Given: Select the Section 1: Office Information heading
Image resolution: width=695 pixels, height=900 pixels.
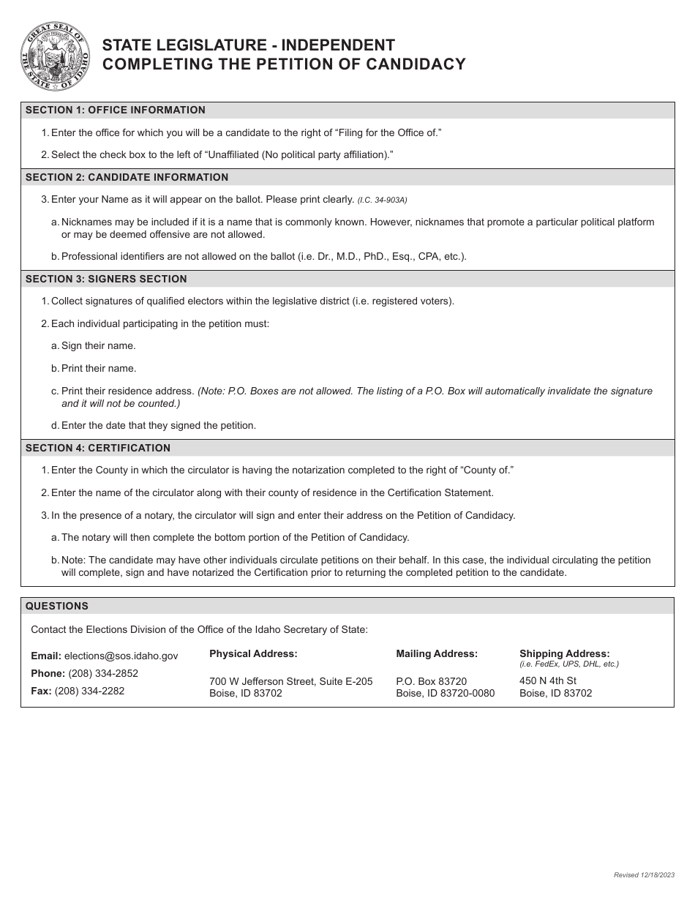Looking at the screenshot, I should pyautogui.click(x=116, y=110).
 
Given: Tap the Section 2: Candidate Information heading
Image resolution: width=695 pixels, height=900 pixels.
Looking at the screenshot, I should pyautogui.click(x=127, y=177).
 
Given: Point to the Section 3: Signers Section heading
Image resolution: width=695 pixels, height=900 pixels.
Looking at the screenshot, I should pyautogui.click(x=106, y=279).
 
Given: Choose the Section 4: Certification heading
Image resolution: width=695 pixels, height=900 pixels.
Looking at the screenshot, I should pyautogui.click(x=98, y=448).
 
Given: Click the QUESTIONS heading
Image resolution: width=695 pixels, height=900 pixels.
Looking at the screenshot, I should pyautogui.click(x=57, y=606).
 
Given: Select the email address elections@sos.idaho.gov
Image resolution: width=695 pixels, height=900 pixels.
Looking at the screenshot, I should pyautogui.click(x=121, y=656).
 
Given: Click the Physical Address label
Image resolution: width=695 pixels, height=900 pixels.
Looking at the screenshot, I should pyautogui.click(x=253, y=653).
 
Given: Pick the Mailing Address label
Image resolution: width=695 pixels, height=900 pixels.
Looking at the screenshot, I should pyautogui.click(x=437, y=653).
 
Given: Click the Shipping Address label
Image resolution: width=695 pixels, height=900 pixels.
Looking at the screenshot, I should pyautogui.click(x=564, y=653).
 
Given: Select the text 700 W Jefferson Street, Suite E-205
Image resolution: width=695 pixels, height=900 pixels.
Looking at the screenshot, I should pyautogui.click(x=290, y=681).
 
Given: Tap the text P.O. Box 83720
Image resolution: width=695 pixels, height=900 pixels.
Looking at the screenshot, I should pyautogui.click(x=431, y=681).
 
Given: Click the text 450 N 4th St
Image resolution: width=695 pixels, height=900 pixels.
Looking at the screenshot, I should pyautogui.click(x=548, y=680).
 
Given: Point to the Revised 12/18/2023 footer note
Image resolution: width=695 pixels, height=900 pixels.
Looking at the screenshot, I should pyautogui.click(x=644, y=875).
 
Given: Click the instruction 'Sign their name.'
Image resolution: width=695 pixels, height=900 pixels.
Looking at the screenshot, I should pyautogui.click(x=98, y=346).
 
